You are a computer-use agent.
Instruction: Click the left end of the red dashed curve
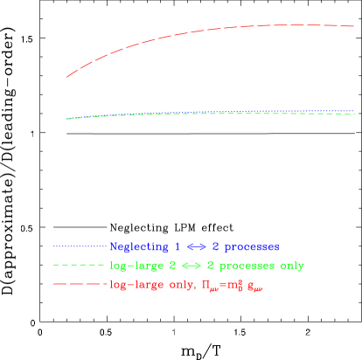pyautogui.click(x=67, y=78)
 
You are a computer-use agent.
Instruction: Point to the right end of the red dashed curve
pyautogui.click(x=353, y=26)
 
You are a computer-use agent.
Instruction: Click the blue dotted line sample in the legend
pyautogui.click(x=80, y=246)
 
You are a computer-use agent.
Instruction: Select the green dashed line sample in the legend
pyautogui.click(x=80, y=265)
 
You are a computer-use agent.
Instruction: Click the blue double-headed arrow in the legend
pyautogui.click(x=191, y=246)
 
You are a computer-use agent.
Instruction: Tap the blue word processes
pyautogui.click(x=248, y=247)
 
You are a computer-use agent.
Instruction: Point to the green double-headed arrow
pyautogui.click(x=191, y=265)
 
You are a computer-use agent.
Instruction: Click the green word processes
pyautogui.click(x=247, y=266)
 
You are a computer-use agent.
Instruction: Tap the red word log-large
pyautogui.click(x=136, y=285)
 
